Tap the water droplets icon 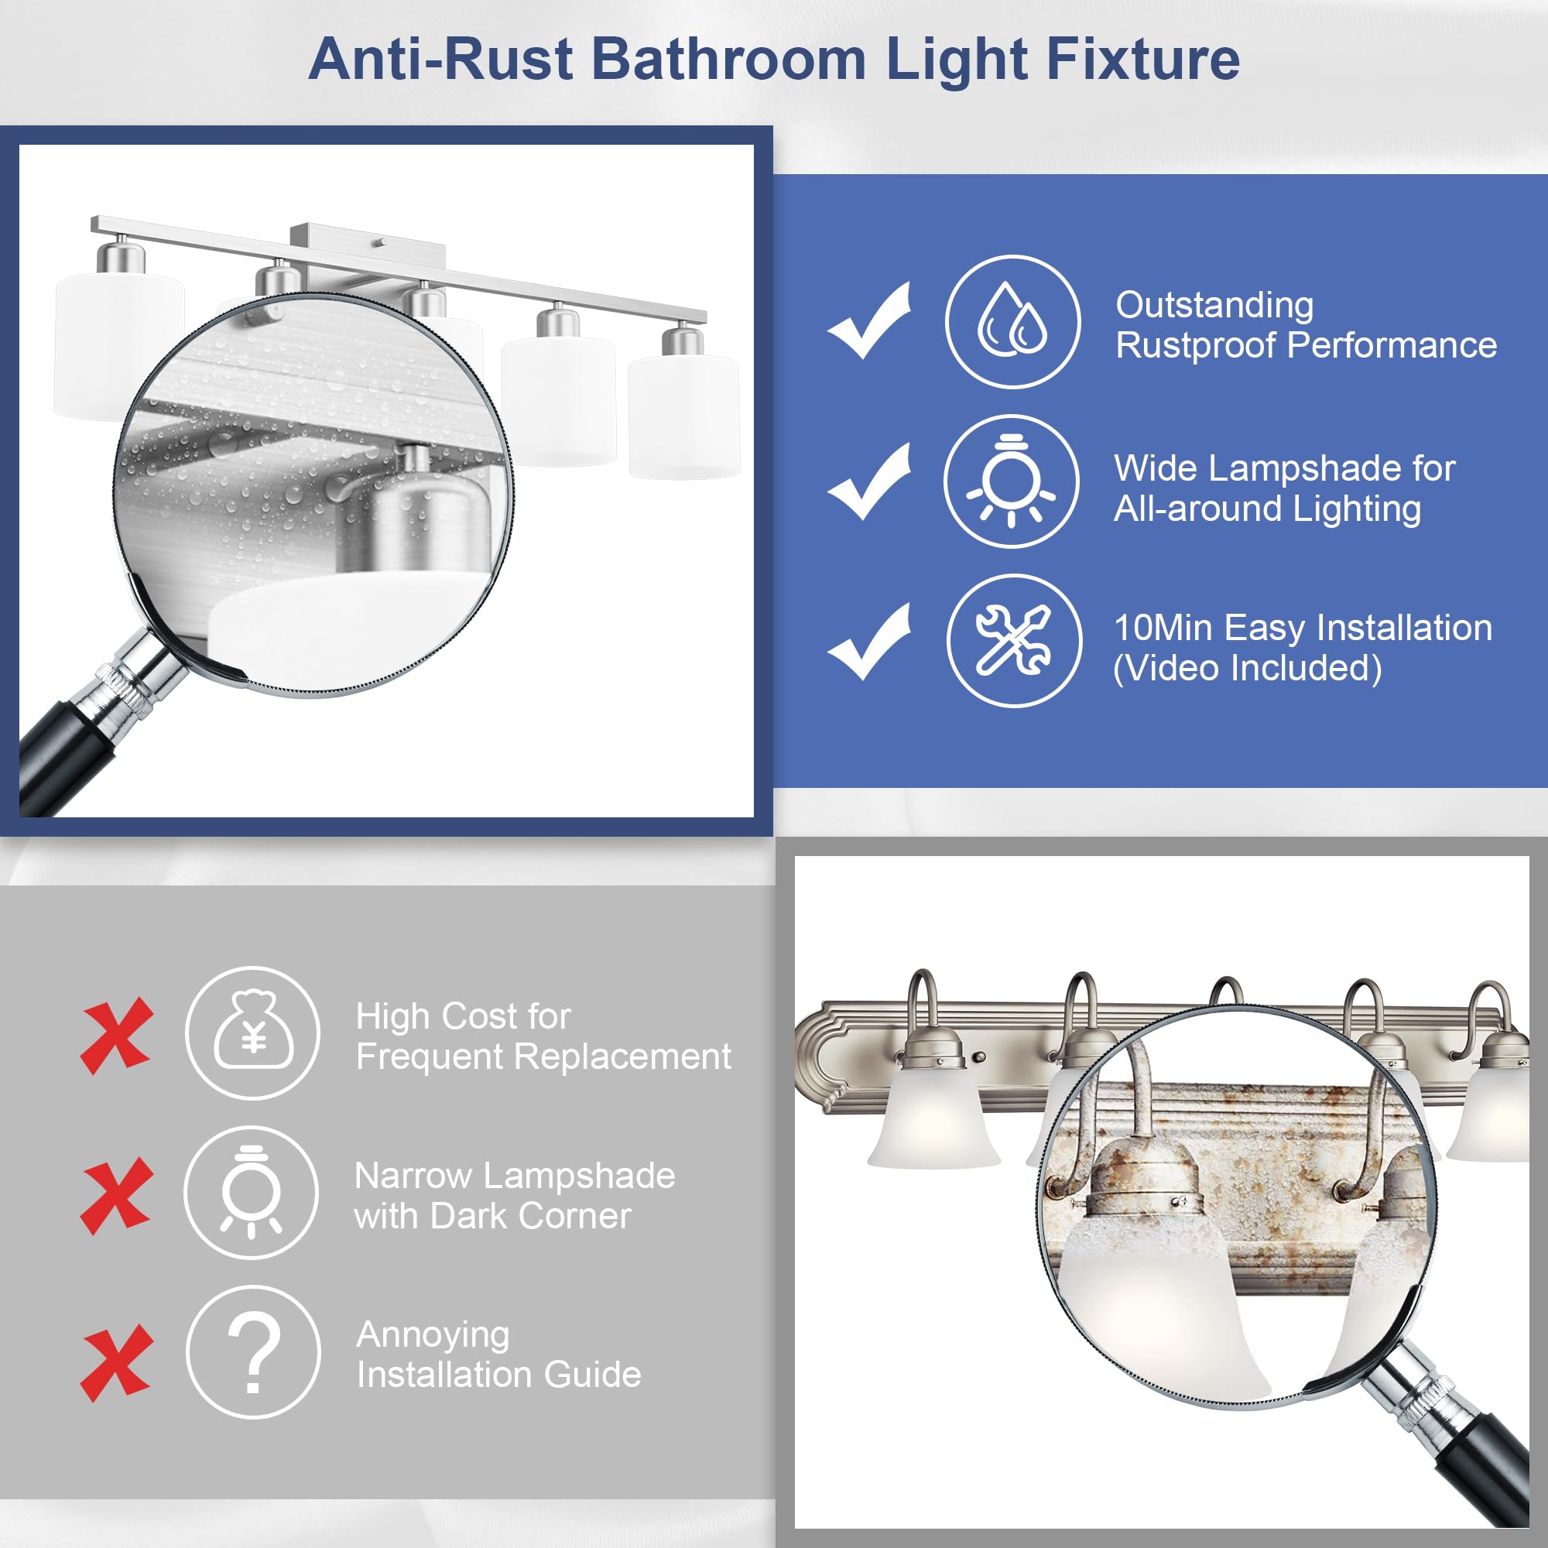[x=1012, y=321]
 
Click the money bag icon [x=253, y=1033]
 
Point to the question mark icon [x=253, y=1351]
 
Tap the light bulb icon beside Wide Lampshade [x=1012, y=481]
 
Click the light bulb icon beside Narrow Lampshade [x=252, y=1192]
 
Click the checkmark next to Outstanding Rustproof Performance [x=869, y=320]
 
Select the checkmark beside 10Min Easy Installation [x=869, y=642]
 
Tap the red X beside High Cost [x=116, y=1035]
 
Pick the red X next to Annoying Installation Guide [x=116, y=1363]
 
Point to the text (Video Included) [x=1248, y=668]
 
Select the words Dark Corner [x=530, y=1216]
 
